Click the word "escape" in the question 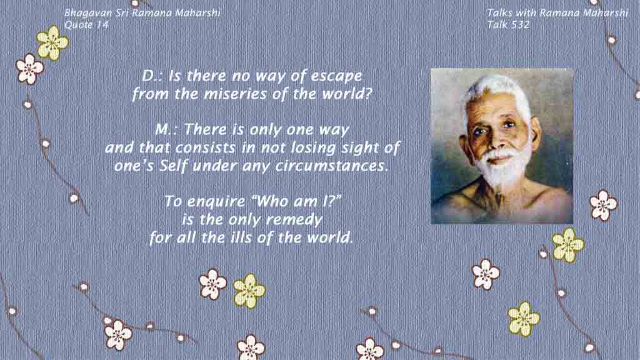(336, 76)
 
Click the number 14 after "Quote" (103, 25)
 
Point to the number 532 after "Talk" (519, 25)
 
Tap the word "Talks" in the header (499, 12)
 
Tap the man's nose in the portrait (496, 139)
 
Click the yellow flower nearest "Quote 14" (52, 42)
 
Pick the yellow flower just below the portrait (567, 245)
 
